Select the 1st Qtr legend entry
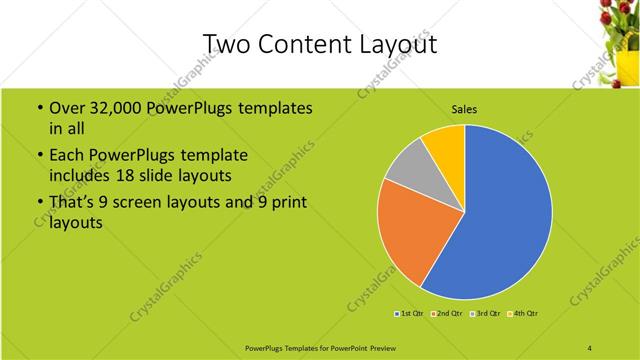[411, 314]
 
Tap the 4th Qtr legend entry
[525, 314]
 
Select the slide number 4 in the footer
[590, 347]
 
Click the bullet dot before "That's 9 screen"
[38, 204]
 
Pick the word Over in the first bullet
[67, 108]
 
